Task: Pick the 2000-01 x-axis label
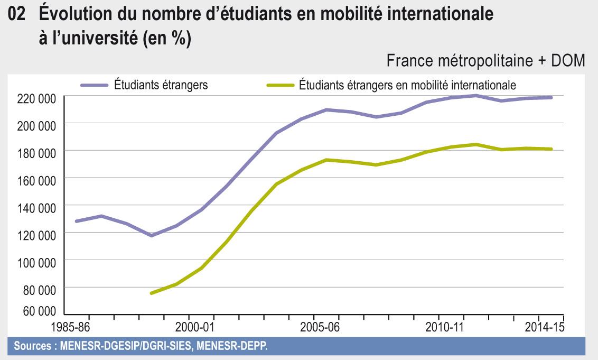pos(194,327)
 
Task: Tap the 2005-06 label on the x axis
pos(320,327)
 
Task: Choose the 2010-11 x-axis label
pos(444,327)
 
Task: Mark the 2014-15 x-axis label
pos(544,327)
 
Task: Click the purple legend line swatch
pos(95,85)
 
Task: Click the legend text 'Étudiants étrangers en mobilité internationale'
pos(407,85)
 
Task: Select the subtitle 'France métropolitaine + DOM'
pos(485,61)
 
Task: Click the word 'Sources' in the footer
pos(32,347)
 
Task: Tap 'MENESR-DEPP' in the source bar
pos(240,347)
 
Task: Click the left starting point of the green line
pos(152,293)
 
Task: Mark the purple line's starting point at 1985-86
pos(76,221)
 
